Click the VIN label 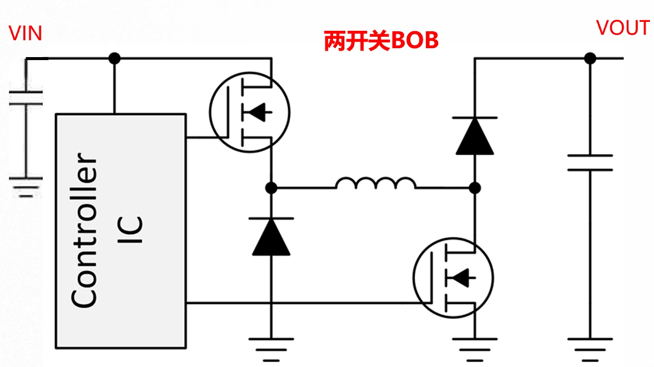pyautogui.click(x=26, y=34)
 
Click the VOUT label pyautogui.click(x=623, y=28)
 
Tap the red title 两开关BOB pyautogui.click(x=381, y=41)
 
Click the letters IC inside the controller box pyautogui.click(x=131, y=229)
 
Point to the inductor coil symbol pyautogui.click(x=376, y=183)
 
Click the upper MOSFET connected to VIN pyautogui.click(x=249, y=112)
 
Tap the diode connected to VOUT pyautogui.click(x=475, y=136)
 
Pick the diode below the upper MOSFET pyautogui.click(x=271, y=236)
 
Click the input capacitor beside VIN pyautogui.click(x=26, y=98)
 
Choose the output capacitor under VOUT pyautogui.click(x=590, y=162)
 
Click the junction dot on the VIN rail pyautogui.click(x=114, y=58)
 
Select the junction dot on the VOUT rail pyautogui.click(x=590, y=58)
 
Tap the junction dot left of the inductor pyautogui.click(x=271, y=188)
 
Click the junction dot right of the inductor pyautogui.click(x=475, y=188)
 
